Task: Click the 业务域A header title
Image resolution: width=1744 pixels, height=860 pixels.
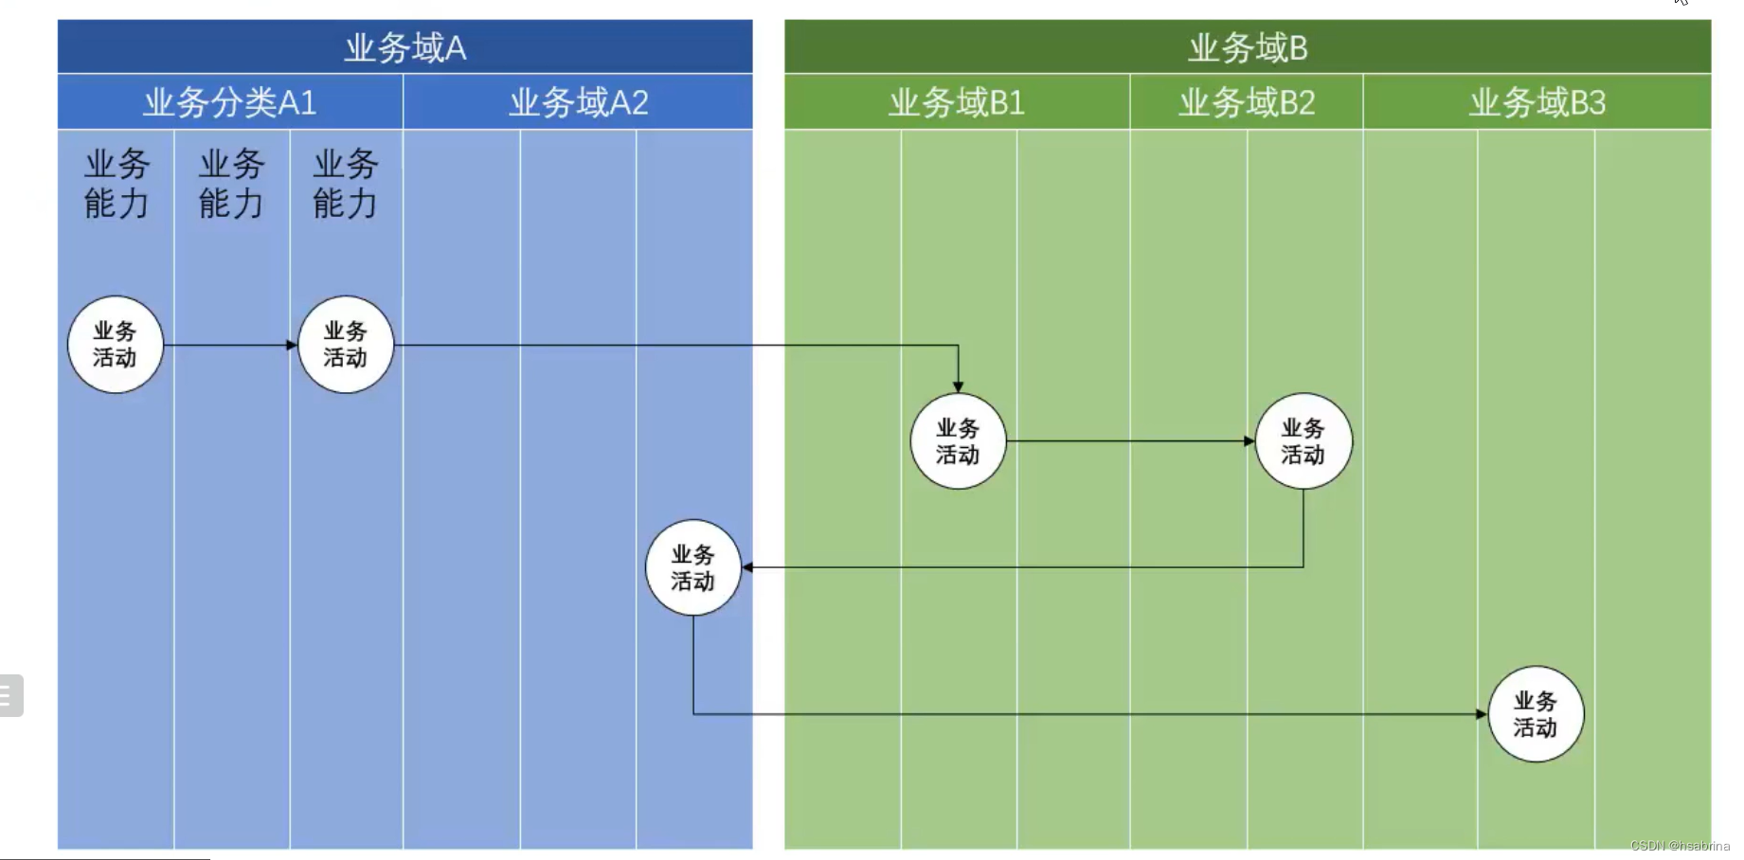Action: pyautogui.click(x=405, y=47)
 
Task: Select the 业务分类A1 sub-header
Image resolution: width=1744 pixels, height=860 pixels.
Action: pyautogui.click(x=229, y=102)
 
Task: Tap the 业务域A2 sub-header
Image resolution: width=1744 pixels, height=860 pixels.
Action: pyautogui.click(x=578, y=102)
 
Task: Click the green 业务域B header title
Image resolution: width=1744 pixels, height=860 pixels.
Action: pyautogui.click(x=1248, y=47)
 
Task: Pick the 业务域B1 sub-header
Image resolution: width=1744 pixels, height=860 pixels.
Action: pyautogui.click(x=956, y=102)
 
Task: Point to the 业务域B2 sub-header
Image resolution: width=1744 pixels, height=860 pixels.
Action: pyautogui.click(x=1247, y=102)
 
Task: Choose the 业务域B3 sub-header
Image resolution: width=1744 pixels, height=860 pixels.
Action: pyautogui.click(x=1537, y=102)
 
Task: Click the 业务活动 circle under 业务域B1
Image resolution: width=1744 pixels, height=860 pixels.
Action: pyautogui.click(x=958, y=441)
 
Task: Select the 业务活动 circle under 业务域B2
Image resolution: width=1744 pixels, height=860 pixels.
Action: pyautogui.click(x=1304, y=441)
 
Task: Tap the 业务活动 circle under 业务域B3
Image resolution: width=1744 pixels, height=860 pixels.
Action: pyautogui.click(x=1536, y=714)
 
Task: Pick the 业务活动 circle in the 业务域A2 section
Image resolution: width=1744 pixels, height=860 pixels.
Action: pyautogui.click(x=692, y=567)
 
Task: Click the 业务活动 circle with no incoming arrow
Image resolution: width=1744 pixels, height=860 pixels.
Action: pyautogui.click(x=116, y=345)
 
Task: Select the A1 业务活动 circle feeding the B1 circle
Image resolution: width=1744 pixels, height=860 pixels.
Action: pyautogui.click(x=345, y=345)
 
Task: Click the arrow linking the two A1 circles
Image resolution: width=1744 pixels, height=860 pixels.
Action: pyautogui.click(x=227, y=345)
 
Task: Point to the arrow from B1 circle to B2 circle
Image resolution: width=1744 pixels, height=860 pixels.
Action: pyautogui.click(x=1127, y=441)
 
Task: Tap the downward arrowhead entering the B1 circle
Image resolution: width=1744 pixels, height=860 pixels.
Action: pyautogui.click(x=958, y=386)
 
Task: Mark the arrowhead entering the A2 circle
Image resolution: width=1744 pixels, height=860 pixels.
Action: pyautogui.click(x=748, y=567)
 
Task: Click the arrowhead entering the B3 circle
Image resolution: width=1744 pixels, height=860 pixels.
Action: pyautogui.click(x=1481, y=714)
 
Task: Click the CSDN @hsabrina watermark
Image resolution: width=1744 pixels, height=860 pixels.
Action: pyautogui.click(x=1680, y=846)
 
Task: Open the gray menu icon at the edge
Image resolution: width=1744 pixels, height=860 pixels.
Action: pyautogui.click(x=9, y=695)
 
